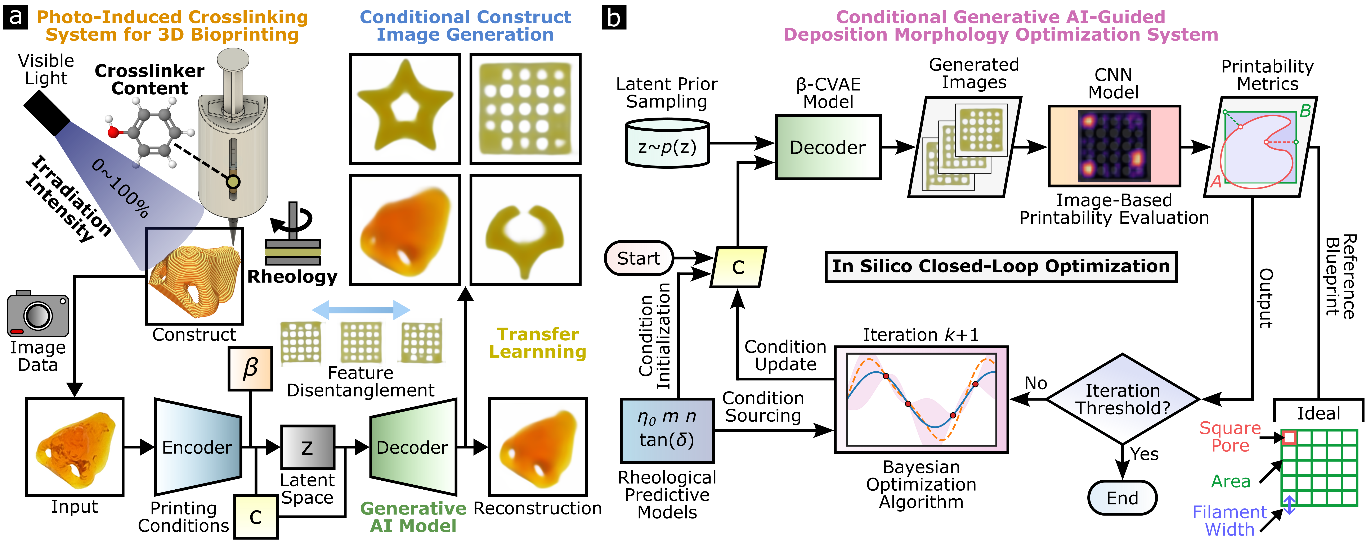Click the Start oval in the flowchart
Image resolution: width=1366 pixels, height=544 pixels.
639,258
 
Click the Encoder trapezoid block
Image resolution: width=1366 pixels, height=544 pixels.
197,447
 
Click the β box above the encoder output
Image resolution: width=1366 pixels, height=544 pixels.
250,368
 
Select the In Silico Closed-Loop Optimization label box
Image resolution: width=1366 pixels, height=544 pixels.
1001,267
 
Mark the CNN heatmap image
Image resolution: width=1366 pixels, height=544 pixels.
1114,146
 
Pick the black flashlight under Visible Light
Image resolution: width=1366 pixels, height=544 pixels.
47,113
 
